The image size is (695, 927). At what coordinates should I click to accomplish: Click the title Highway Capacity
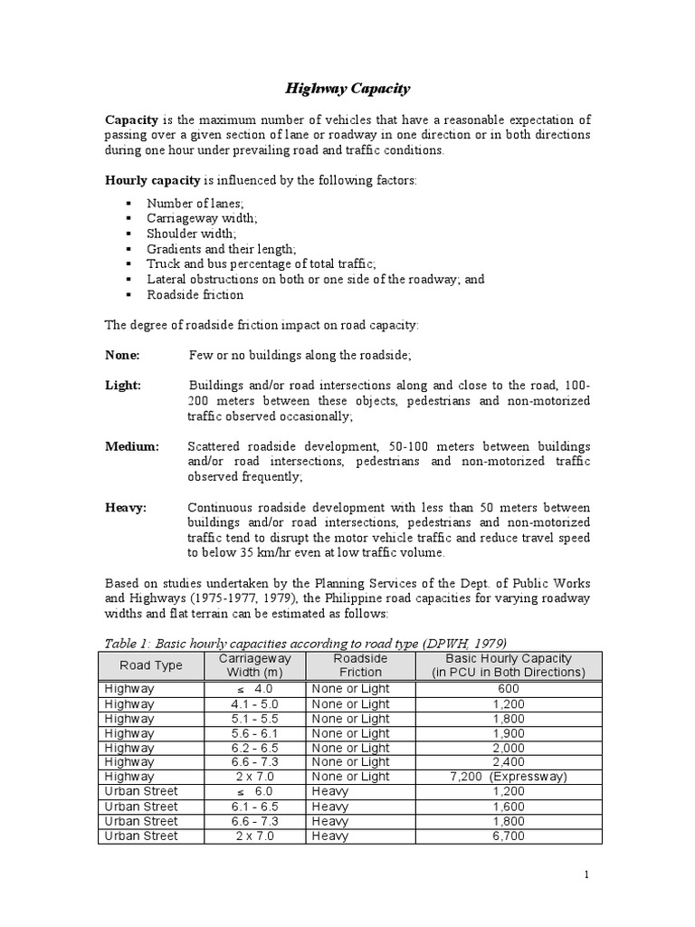click(347, 89)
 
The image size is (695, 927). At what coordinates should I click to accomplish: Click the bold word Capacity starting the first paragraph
click(133, 119)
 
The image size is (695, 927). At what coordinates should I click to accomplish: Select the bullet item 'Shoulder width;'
click(191, 234)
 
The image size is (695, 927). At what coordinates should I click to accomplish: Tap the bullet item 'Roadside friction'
click(195, 295)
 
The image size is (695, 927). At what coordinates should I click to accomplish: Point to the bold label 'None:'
click(123, 356)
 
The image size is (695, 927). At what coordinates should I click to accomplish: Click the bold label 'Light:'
click(124, 386)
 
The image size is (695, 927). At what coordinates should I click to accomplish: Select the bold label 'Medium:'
click(132, 447)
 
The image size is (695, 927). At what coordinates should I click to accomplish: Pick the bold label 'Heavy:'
click(127, 508)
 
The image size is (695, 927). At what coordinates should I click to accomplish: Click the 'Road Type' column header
click(151, 665)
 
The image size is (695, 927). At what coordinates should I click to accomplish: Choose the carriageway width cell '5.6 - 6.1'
click(256, 733)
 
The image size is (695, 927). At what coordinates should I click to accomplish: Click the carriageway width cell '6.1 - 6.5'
click(256, 807)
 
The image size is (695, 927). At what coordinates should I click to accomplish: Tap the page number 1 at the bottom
click(586, 874)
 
